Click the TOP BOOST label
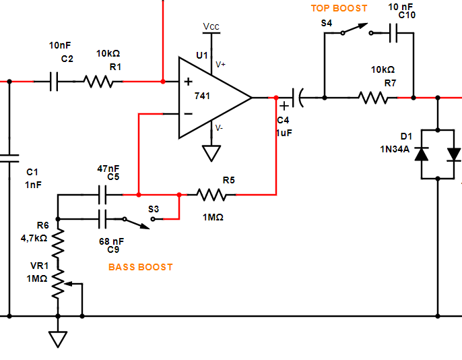click(339, 8)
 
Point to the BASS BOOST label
click(140, 267)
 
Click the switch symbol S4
click(353, 30)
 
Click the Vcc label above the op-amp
click(211, 27)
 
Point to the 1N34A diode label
click(395, 148)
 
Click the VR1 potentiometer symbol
click(59, 284)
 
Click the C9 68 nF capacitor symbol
click(103, 218)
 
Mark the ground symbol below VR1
click(59, 338)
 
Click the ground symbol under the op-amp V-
click(211, 154)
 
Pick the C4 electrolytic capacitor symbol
click(296, 98)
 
